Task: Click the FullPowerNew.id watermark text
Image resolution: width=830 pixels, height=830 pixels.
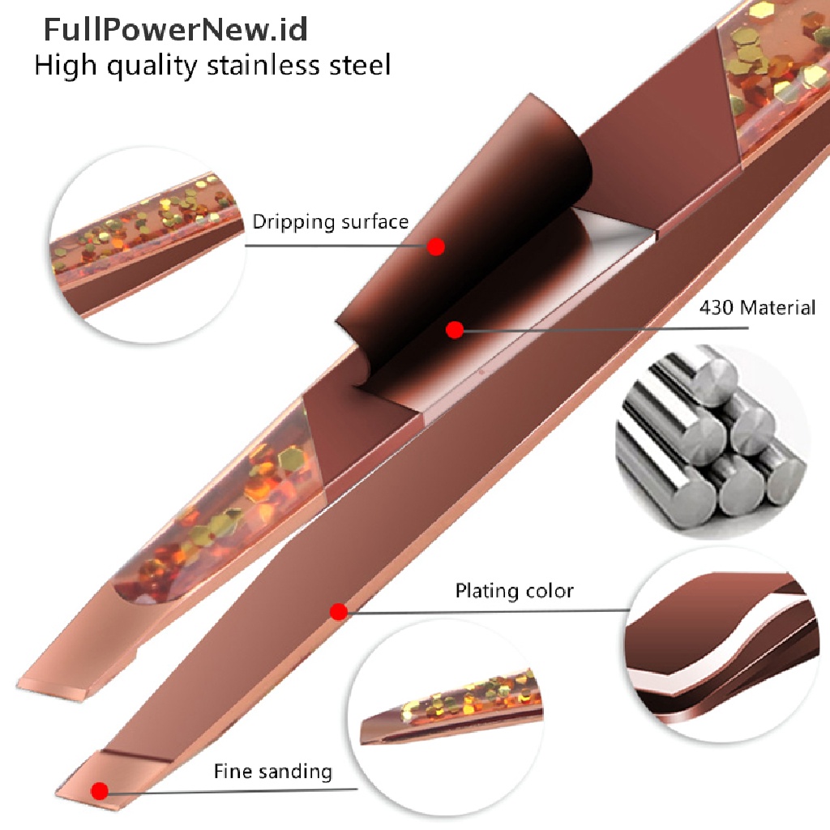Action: click(175, 30)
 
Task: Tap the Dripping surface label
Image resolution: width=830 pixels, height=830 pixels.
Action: click(330, 221)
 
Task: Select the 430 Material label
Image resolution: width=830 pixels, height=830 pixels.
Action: click(757, 308)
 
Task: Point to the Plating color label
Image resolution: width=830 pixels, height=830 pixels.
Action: click(514, 590)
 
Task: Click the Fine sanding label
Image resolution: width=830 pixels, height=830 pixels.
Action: click(273, 771)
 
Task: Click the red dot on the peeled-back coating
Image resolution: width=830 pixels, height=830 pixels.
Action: click(436, 247)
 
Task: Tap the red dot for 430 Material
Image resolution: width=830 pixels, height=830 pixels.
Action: click(455, 330)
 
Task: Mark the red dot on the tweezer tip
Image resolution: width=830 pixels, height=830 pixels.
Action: click(100, 790)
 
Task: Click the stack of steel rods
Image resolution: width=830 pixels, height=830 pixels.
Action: click(701, 442)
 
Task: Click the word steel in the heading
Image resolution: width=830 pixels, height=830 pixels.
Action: click(361, 65)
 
